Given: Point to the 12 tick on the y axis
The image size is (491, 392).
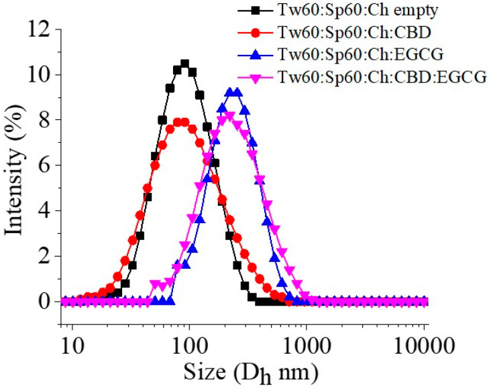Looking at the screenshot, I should pos(42,29).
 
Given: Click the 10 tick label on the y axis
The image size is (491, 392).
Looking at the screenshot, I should pos(42,74).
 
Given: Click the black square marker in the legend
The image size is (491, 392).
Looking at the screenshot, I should pos(255,11).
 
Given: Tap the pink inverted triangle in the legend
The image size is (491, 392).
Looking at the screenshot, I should pos(255,78).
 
